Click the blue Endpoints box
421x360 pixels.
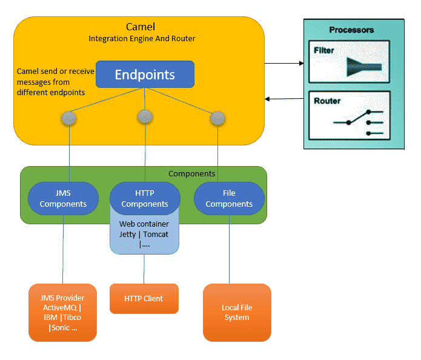coord(145,75)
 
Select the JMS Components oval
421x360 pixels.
coord(63,199)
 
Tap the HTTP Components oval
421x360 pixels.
coord(145,199)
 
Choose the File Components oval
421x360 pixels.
coord(229,199)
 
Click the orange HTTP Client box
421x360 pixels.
coord(144,298)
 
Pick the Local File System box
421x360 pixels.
coord(237,313)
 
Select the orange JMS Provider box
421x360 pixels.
coord(62,313)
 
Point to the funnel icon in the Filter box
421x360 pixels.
coord(364,67)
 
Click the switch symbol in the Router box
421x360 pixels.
coord(359,122)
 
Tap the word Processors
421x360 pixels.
coord(351,30)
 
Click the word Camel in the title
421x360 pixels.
coord(141,27)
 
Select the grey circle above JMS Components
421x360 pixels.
coord(69,118)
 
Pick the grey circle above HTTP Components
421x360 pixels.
coord(145,117)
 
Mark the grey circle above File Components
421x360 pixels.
coord(217,118)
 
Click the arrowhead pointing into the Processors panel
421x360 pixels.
coord(302,64)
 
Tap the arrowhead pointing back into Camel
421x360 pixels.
coord(267,99)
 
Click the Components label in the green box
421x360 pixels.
coord(191,174)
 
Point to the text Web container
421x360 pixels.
coord(144,224)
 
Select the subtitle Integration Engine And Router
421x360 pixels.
coord(142,39)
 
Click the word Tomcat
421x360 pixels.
coord(156,235)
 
